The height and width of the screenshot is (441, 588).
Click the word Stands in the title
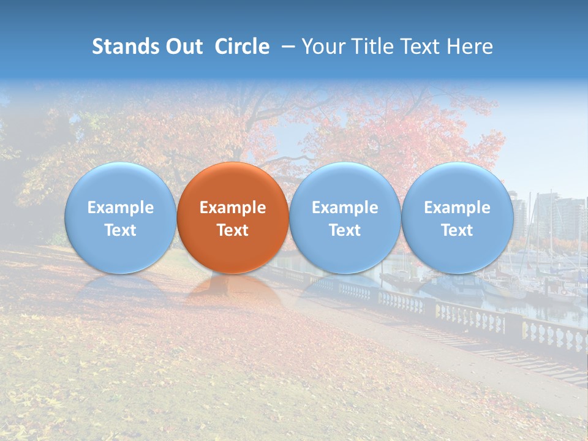pos(126,47)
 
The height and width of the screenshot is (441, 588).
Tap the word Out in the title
pos(185,47)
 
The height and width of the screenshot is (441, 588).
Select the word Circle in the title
pos(242,47)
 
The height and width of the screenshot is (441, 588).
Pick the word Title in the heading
pos(373,47)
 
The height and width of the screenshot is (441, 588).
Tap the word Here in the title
pos(471,47)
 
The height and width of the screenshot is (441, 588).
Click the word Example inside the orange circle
pos(233,208)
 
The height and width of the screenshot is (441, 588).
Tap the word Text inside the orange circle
pos(233,230)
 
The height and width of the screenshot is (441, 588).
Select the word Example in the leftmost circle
pos(120,208)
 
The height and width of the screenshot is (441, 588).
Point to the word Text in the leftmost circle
pos(120,230)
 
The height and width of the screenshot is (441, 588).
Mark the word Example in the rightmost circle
pos(458,208)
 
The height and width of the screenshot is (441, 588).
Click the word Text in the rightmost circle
pos(458,230)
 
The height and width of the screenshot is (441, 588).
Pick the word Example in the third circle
pos(345,208)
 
